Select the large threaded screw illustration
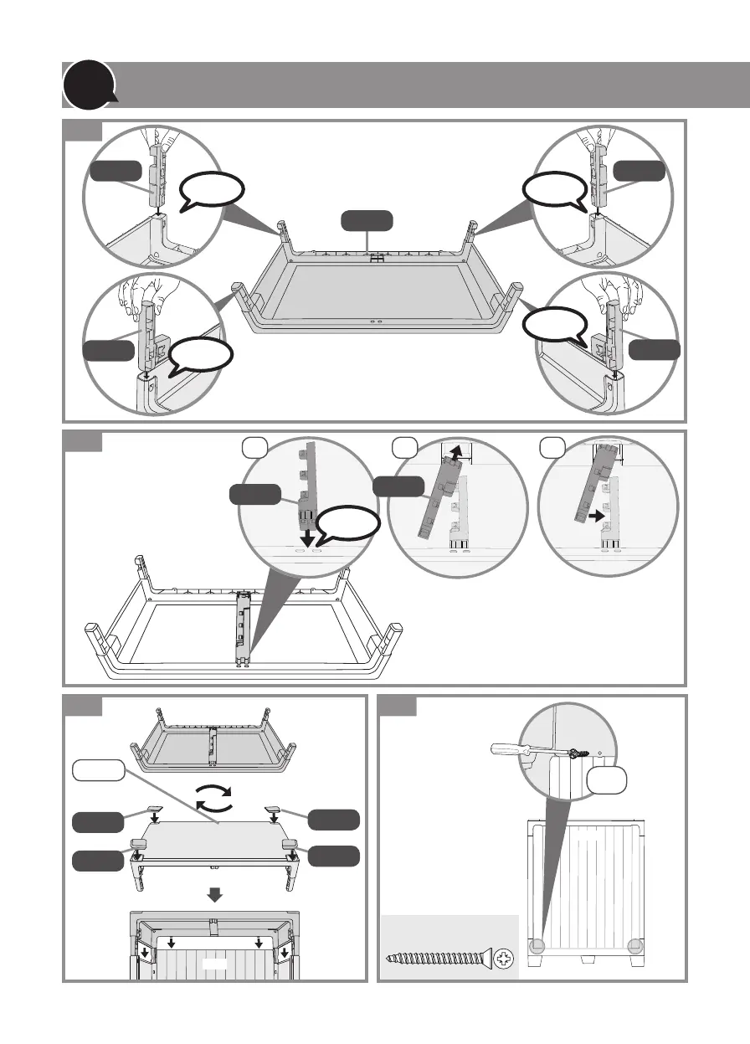pyautogui.click(x=435, y=957)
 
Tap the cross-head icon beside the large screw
pyautogui.click(x=506, y=957)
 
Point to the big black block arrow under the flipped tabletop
pyautogui.click(x=215, y=895)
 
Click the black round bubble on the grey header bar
pyautogui.click(x=87, y=85)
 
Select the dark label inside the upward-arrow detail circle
pyautogui.click(x=398, y=487)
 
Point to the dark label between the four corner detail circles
pyautogui.click(x=367, y=222)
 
